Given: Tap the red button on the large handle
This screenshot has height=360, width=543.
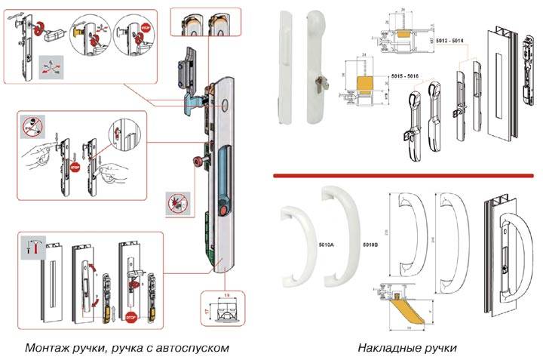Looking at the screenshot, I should coord(222,209).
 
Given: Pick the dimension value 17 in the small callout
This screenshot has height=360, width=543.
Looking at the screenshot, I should coord(207,309).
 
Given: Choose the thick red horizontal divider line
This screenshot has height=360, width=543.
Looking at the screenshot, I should coord(406,175).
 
